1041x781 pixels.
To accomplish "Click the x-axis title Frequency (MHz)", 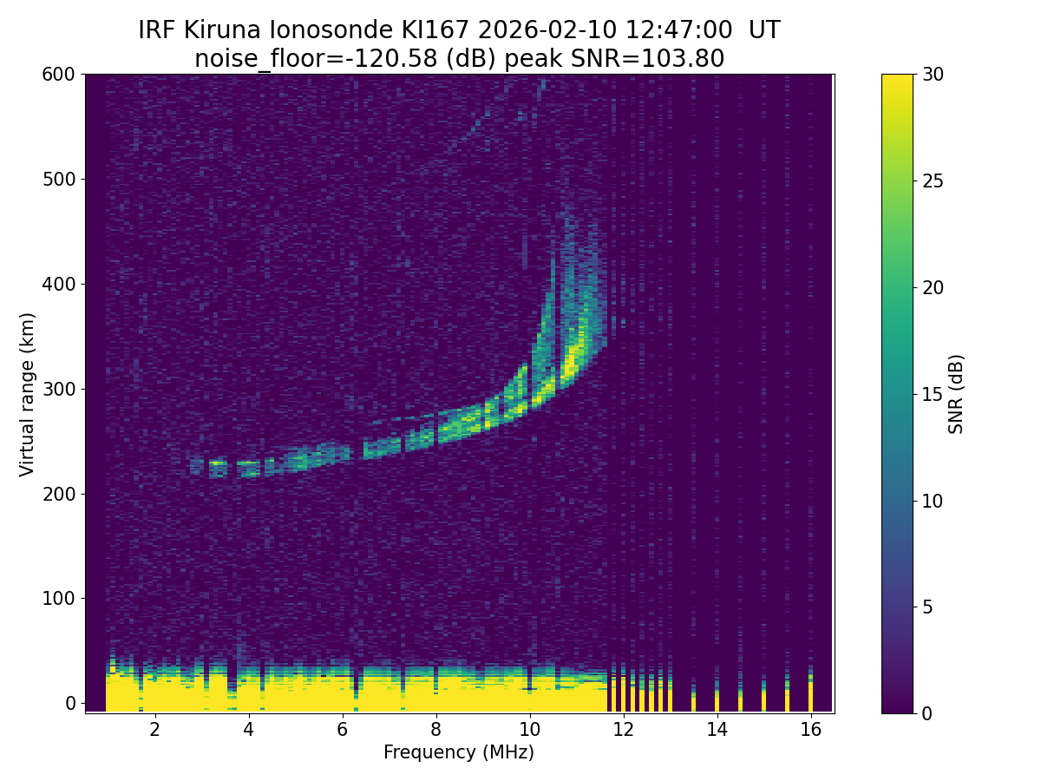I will point(459,752).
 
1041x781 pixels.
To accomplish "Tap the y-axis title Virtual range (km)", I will point(28,394).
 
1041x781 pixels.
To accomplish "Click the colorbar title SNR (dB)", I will point(956,394).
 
